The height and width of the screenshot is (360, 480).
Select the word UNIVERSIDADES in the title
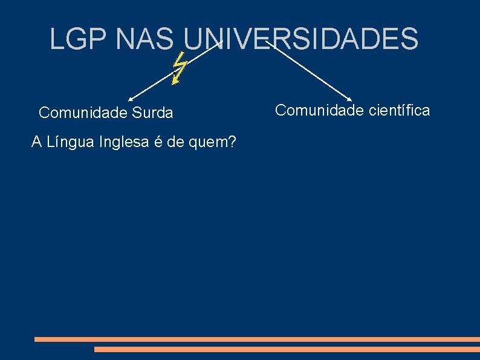pos(300,39)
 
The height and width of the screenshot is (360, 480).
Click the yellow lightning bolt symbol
pos(178,68)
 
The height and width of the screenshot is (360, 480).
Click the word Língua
pos(68,142)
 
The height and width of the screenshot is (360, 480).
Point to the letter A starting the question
pos(36,142)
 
